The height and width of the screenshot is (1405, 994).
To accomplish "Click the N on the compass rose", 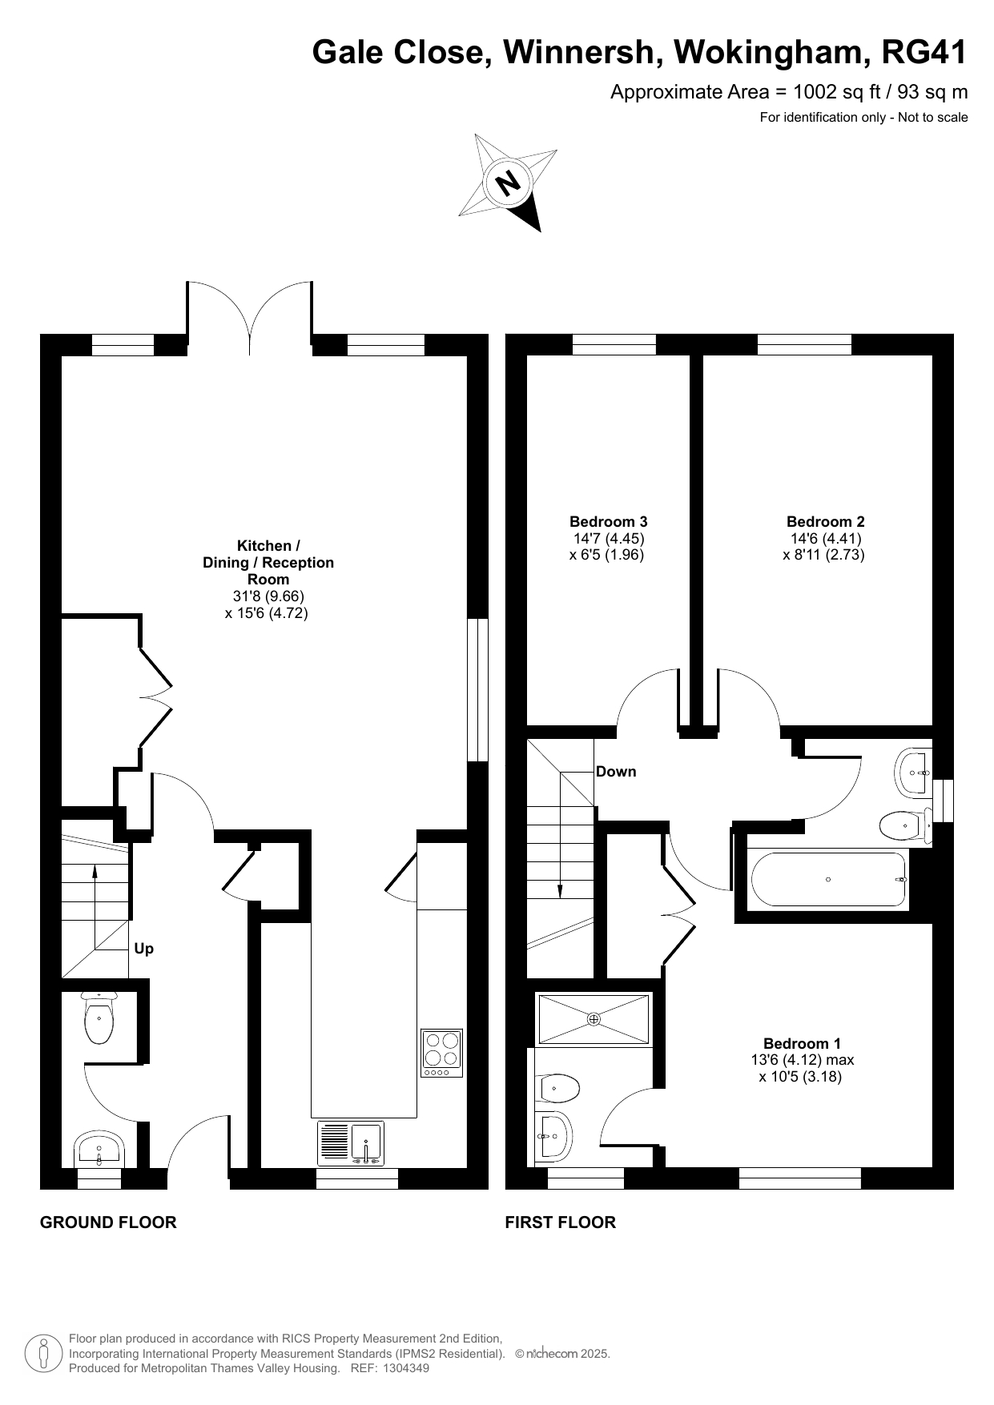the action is click(508, 183).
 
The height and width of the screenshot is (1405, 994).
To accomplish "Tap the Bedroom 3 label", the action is click(608, 522).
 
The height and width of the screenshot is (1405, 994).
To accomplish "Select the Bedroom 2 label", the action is click(825, 522).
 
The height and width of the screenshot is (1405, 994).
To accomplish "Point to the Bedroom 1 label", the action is click(802, 1043).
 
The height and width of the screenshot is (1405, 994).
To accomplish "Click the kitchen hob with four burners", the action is click(442, 1053).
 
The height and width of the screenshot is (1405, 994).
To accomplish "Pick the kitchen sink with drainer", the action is click(351, 1143).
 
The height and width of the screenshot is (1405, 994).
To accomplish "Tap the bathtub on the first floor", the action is click(828, 879).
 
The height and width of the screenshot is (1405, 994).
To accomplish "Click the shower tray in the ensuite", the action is click(594, 1019).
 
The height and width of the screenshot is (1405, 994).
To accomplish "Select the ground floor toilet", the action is click(99, 1018).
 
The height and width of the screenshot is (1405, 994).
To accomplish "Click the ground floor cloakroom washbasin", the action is click(98, 1150).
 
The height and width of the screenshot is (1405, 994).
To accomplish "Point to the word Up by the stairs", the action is click(144, 949).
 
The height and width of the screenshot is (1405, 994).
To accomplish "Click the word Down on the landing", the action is click(616, 772).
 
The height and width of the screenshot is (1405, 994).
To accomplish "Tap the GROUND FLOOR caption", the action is click(108, 1222).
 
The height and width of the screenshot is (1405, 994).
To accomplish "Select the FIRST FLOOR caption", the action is click(561, 1222).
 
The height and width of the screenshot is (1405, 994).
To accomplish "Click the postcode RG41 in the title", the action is click(924, 52).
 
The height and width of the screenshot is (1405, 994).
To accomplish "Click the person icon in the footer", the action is click(44, 1353).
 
